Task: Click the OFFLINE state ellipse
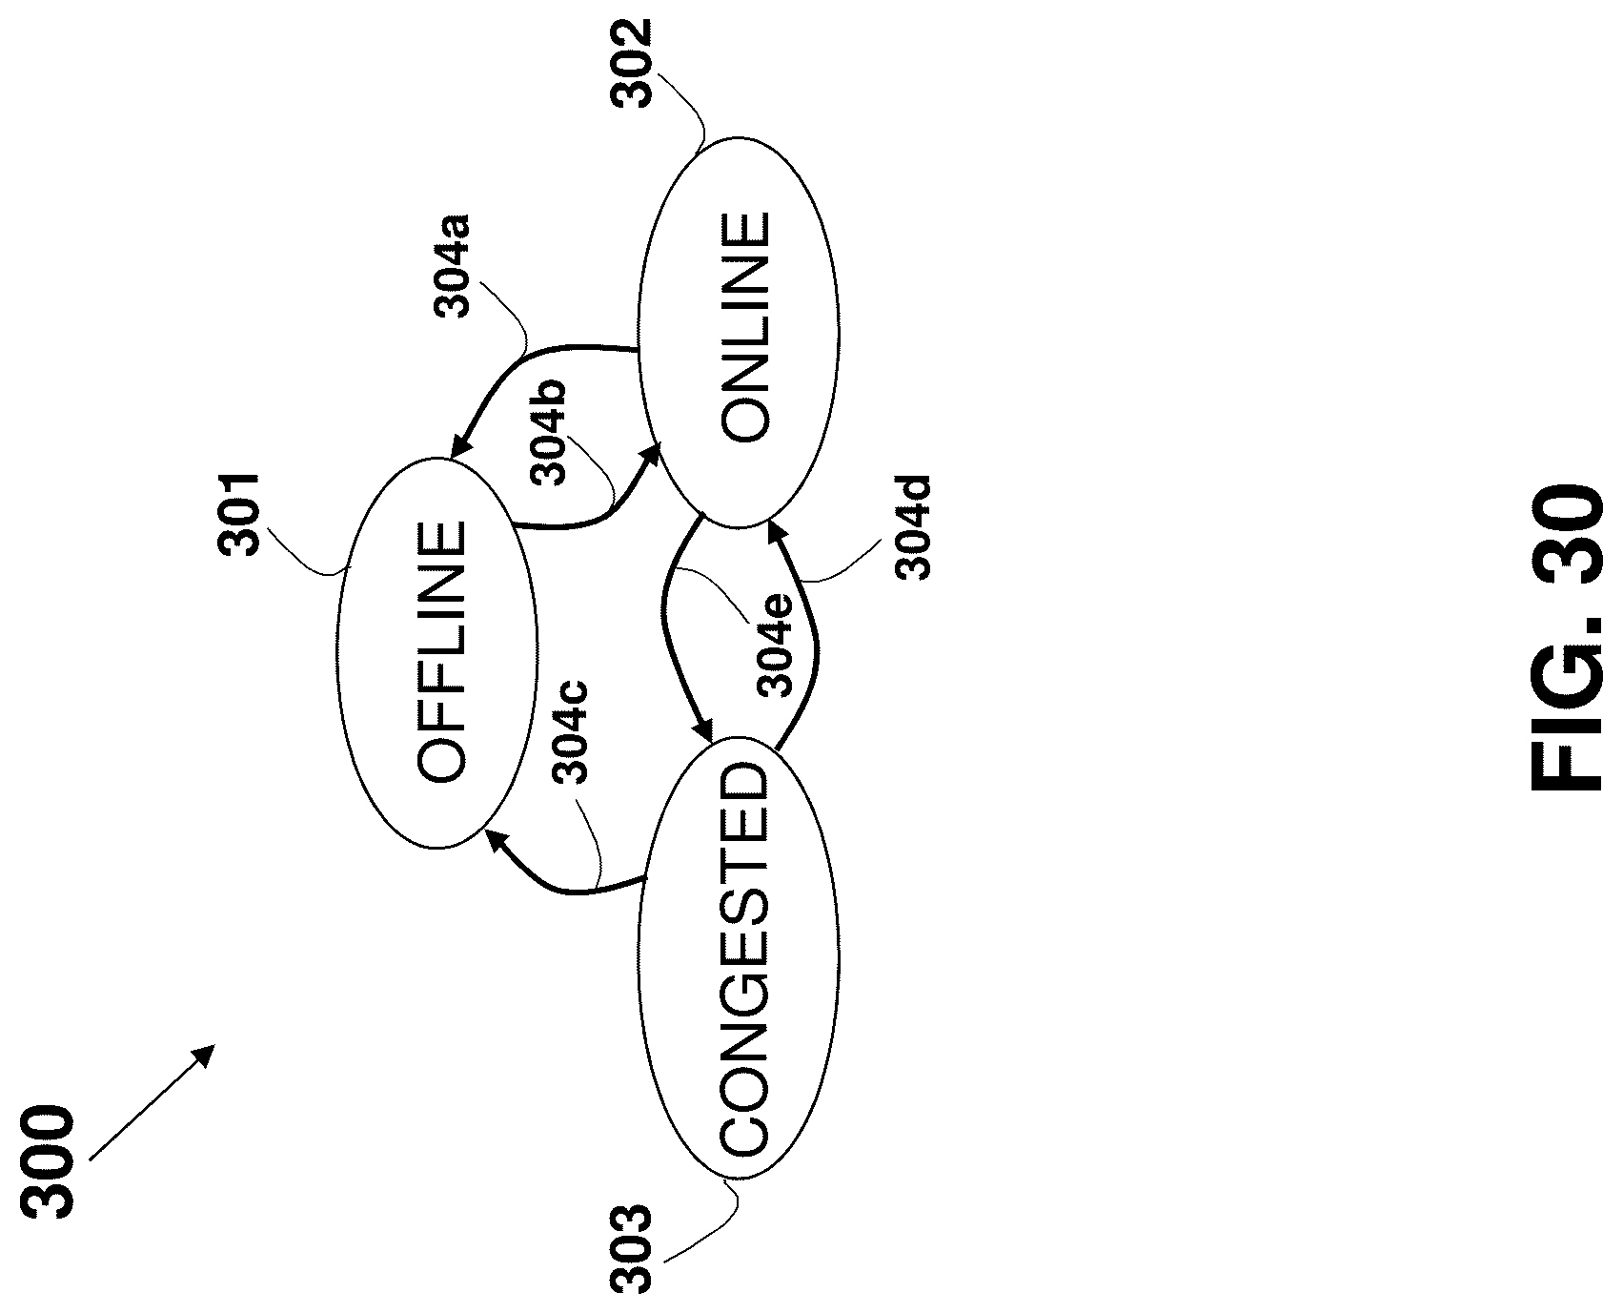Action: (x=436, y=652)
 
